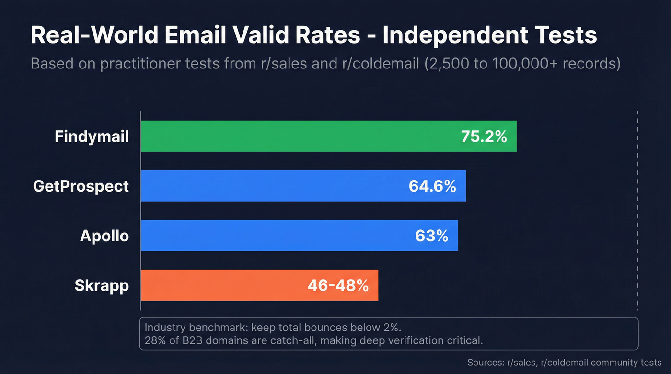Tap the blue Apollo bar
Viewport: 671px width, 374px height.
click(268, 236)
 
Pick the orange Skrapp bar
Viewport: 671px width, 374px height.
click(220, 285)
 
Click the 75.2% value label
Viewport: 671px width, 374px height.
click(484, 136)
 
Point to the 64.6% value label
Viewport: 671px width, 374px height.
click(432, 186)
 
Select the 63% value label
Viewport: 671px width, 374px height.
click(431, 236)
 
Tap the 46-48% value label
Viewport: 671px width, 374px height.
click(338, 285)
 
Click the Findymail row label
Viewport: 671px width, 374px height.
click(92, 136)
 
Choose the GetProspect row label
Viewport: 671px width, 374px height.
click(81, 186)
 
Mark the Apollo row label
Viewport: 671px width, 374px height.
click(104, 236)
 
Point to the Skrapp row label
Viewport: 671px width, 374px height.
click(102, 285)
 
